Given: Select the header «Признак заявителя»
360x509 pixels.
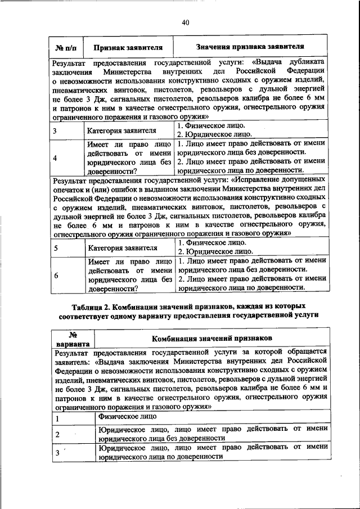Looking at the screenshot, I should (128, 47).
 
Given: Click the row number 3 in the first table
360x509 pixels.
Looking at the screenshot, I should (55, 132).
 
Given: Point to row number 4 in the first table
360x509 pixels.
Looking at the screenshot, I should (55, 158).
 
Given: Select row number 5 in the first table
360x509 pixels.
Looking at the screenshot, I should (55, 247).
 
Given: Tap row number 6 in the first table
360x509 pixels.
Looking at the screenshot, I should (55, 274).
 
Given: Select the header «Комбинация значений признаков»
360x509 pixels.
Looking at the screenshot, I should (213, 338).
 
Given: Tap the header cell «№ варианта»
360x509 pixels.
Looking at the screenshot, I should (72, 339).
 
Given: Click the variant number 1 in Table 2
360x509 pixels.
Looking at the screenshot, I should (57, 418).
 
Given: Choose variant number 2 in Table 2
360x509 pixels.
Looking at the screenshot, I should (57, 434).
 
